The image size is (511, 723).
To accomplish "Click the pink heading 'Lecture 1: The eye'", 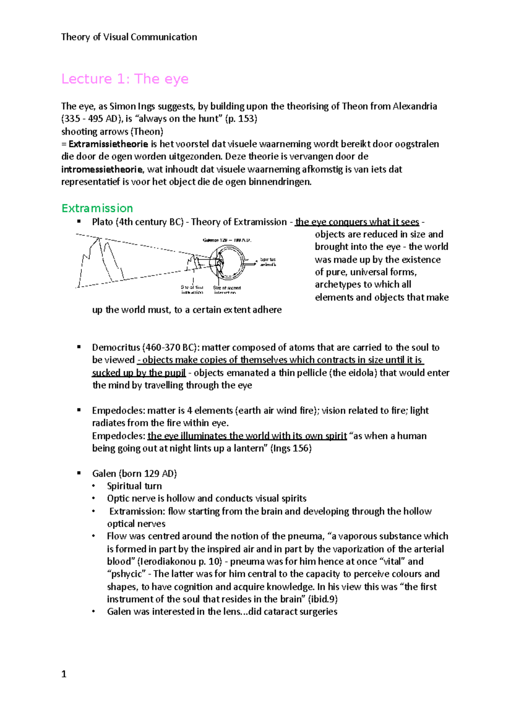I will click(125, 79).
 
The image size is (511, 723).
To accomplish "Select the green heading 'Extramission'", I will click(97, 208).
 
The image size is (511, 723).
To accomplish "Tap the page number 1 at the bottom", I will click(64, 674).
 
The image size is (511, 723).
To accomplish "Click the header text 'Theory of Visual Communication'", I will click(129, 37).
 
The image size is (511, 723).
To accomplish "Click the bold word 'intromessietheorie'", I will click(102, 169).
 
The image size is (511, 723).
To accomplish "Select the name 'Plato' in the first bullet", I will click(102, 222).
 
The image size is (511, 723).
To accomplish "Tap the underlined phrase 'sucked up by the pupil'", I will click(139, 373).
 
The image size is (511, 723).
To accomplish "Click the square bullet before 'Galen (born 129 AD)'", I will click(79, 473).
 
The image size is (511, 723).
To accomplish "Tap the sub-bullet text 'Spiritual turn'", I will click(134, 486).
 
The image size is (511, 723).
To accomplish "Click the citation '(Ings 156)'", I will click(291, 448).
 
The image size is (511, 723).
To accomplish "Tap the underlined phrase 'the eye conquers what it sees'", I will click(357, 222).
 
